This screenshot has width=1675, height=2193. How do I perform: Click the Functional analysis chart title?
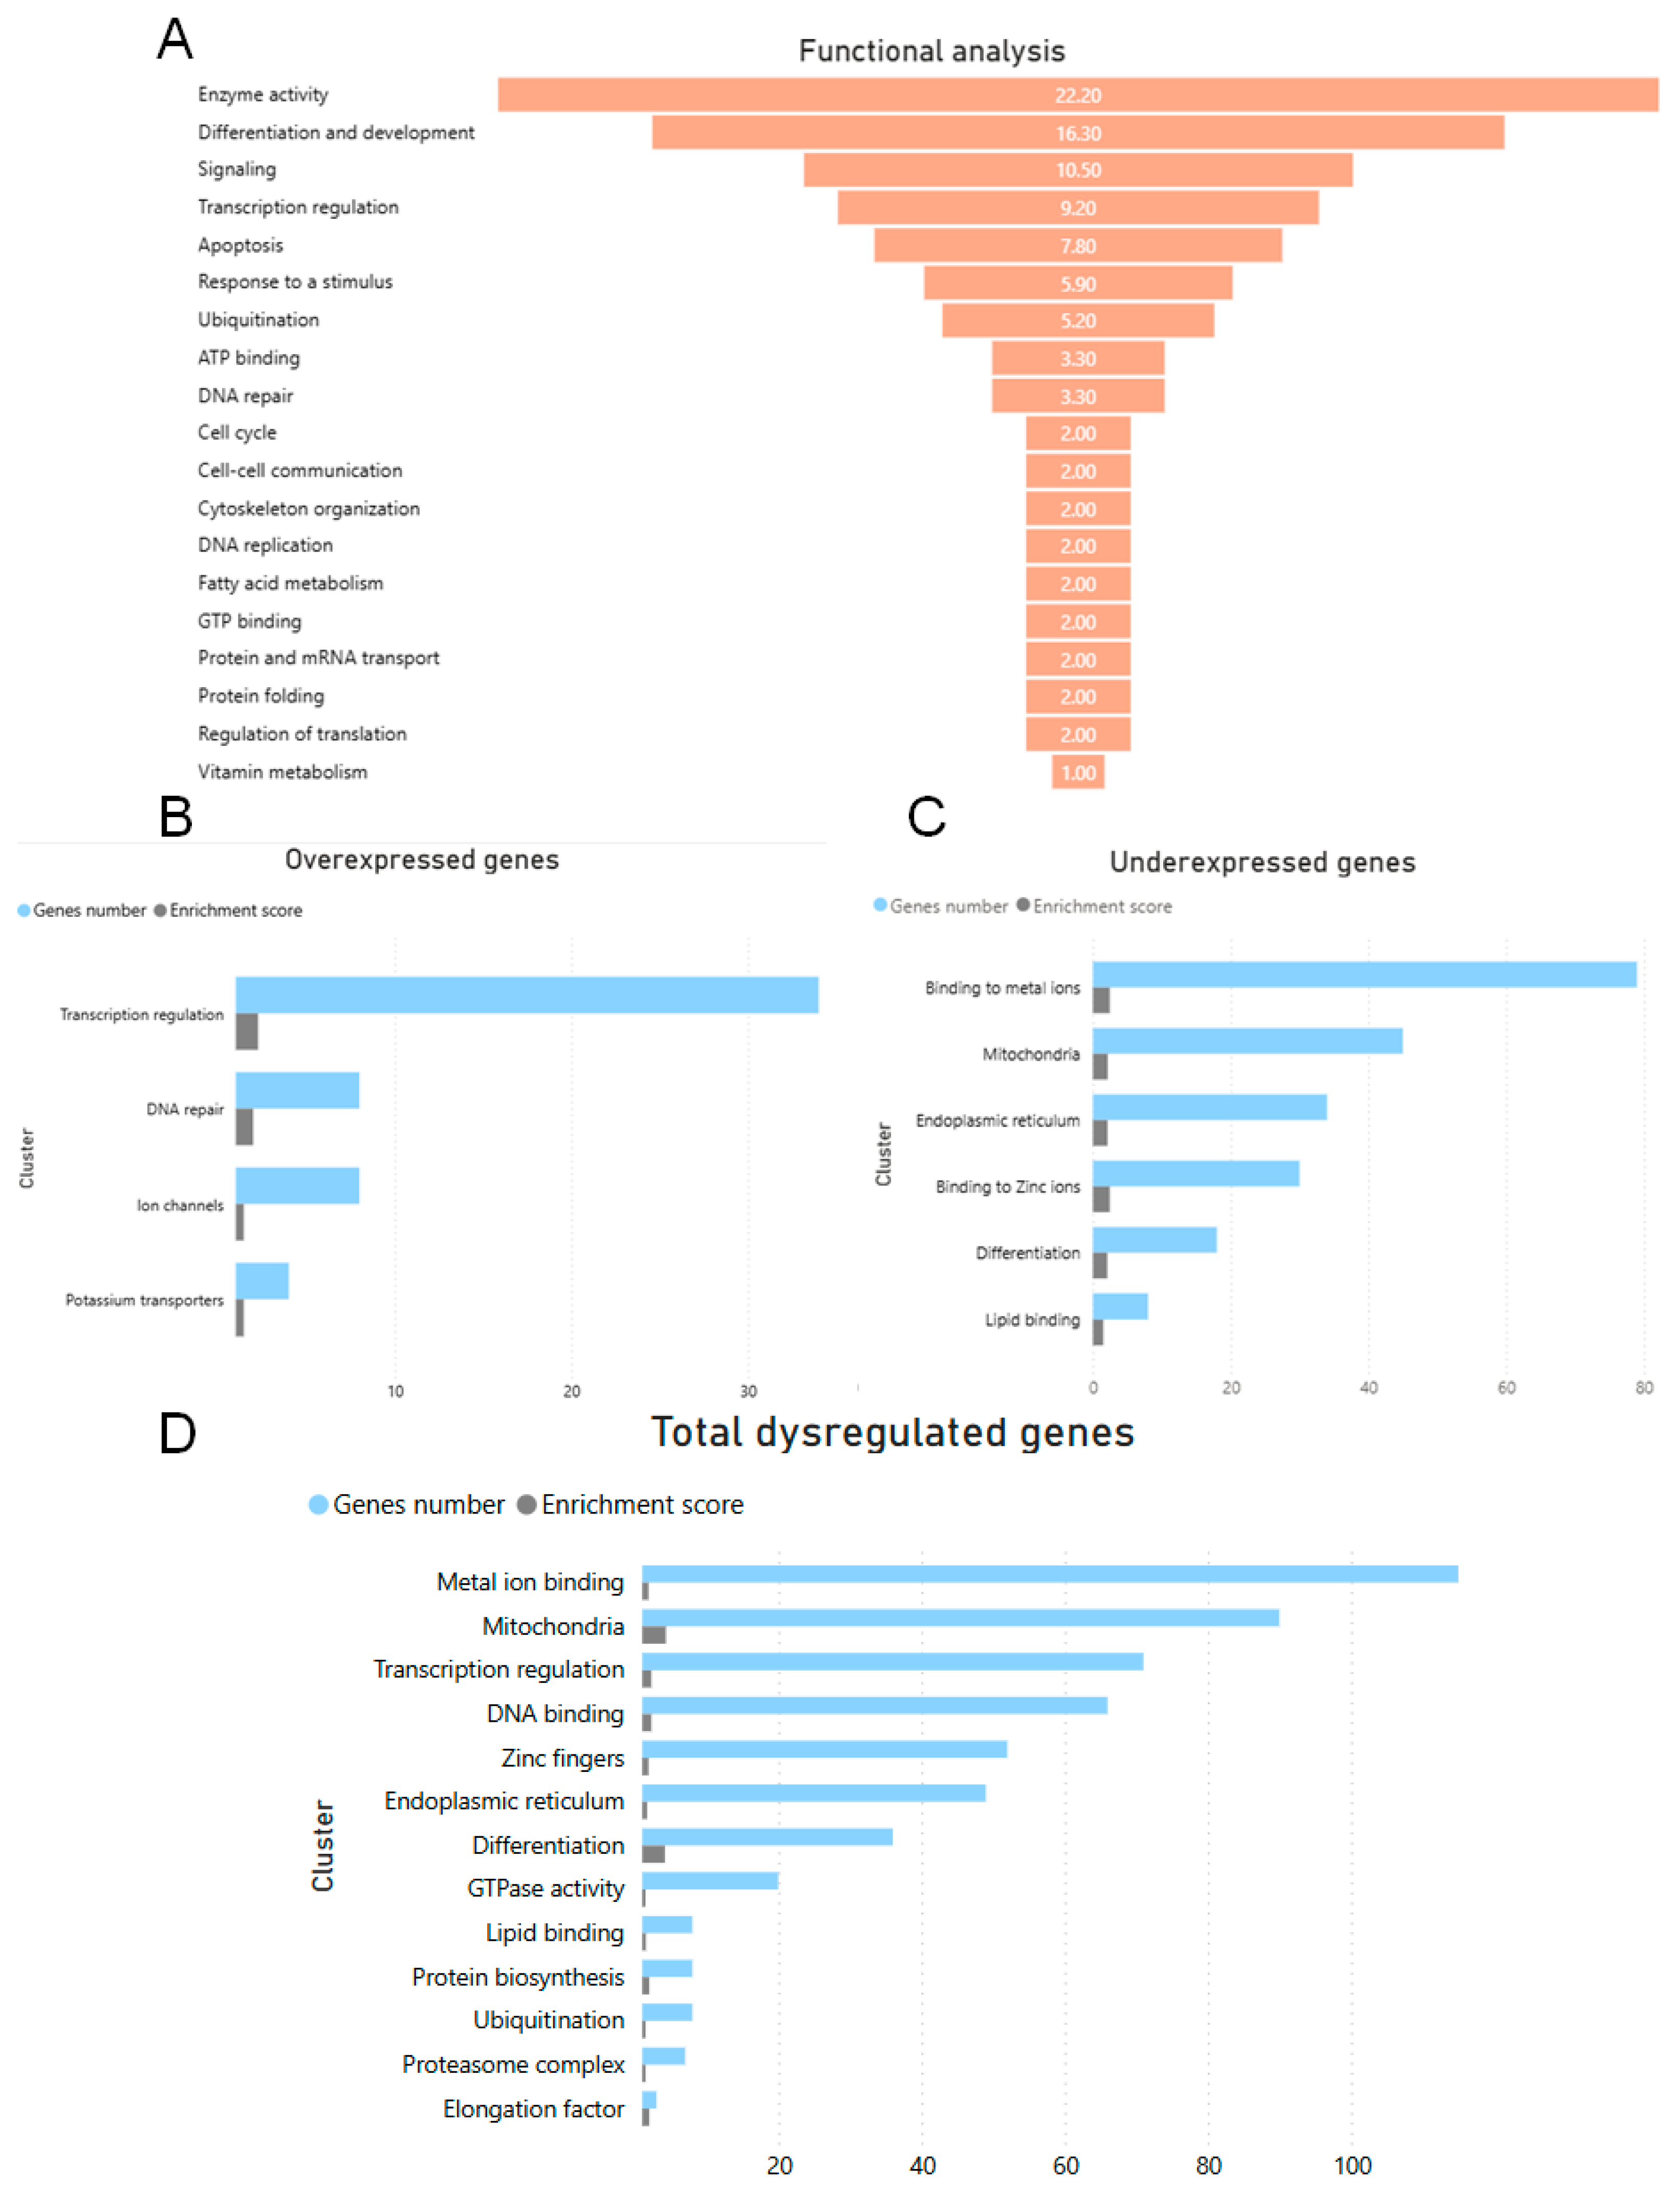[x=931, y=51]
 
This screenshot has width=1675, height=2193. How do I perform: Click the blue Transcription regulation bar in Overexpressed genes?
[x=527, y=995]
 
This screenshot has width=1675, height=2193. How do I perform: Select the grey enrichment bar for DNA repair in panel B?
[x=244, y=1126]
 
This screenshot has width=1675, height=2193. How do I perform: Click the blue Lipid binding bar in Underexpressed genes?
[x=1120, y=1306]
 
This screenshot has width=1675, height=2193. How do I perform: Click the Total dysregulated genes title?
[x=893, y=1433]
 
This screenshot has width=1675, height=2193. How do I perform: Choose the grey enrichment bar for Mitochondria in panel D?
[x=654, y=1635]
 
